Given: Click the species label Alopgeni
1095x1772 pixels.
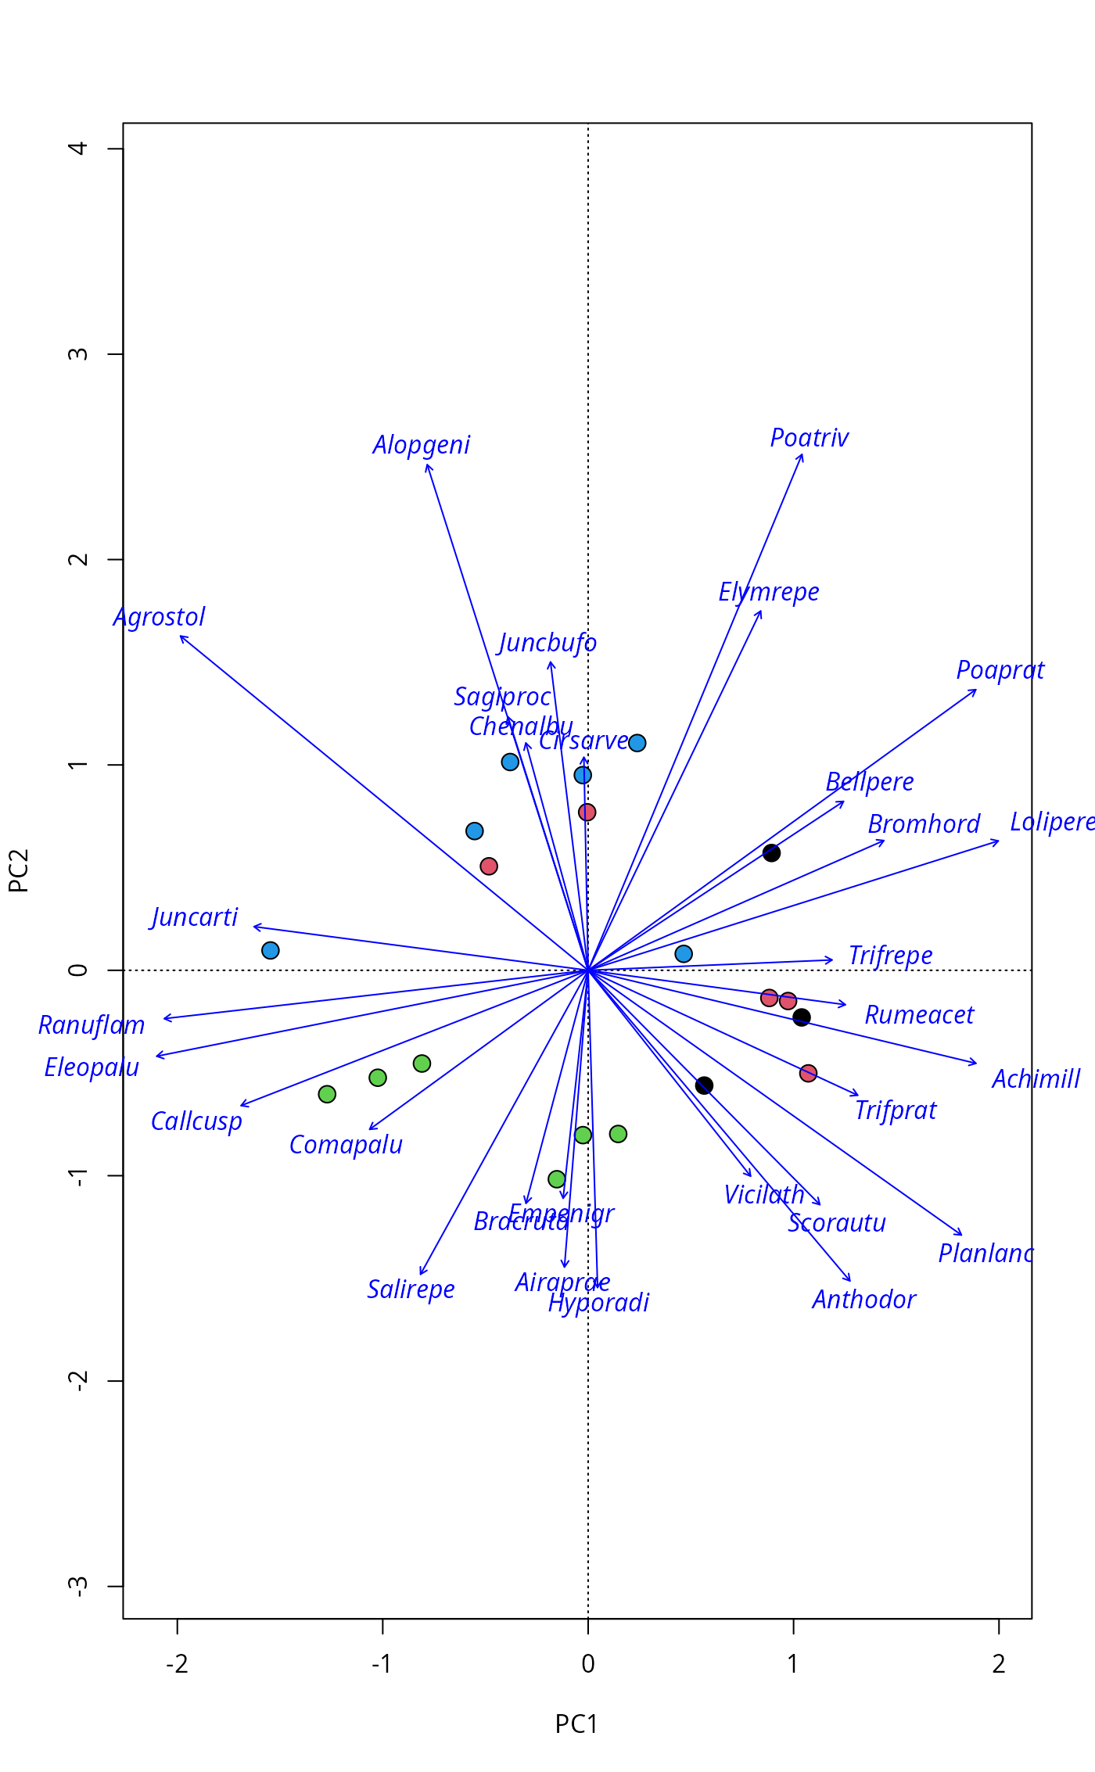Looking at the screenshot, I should [421, 445].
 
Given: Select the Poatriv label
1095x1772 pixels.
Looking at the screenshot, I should [809, 438].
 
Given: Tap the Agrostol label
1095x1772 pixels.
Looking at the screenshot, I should [160, 617].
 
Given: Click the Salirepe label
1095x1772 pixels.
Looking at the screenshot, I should [411, 1290].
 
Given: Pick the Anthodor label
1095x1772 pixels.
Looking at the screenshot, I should [863, 1300].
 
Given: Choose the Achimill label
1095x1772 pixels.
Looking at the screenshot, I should [1036, 1079].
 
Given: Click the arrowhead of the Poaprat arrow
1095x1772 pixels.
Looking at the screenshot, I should [976, 690].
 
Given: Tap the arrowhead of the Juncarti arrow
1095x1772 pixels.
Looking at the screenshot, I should [253, 927].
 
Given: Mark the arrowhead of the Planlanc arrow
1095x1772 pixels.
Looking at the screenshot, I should [962, 1235].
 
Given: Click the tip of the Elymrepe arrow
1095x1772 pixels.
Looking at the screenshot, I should [762, 611].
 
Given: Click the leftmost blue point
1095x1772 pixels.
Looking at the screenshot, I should [271, 950].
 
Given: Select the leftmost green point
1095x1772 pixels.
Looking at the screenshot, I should [327, 1094].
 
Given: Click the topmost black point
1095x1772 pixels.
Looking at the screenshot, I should [771, 852].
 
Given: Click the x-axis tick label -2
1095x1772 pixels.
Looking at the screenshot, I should [178, 1664].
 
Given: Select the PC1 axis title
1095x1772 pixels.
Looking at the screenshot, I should [576, 1724].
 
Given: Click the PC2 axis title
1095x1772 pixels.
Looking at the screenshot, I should [19, 870].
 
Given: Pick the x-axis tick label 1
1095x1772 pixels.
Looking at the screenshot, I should [793, 1664].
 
